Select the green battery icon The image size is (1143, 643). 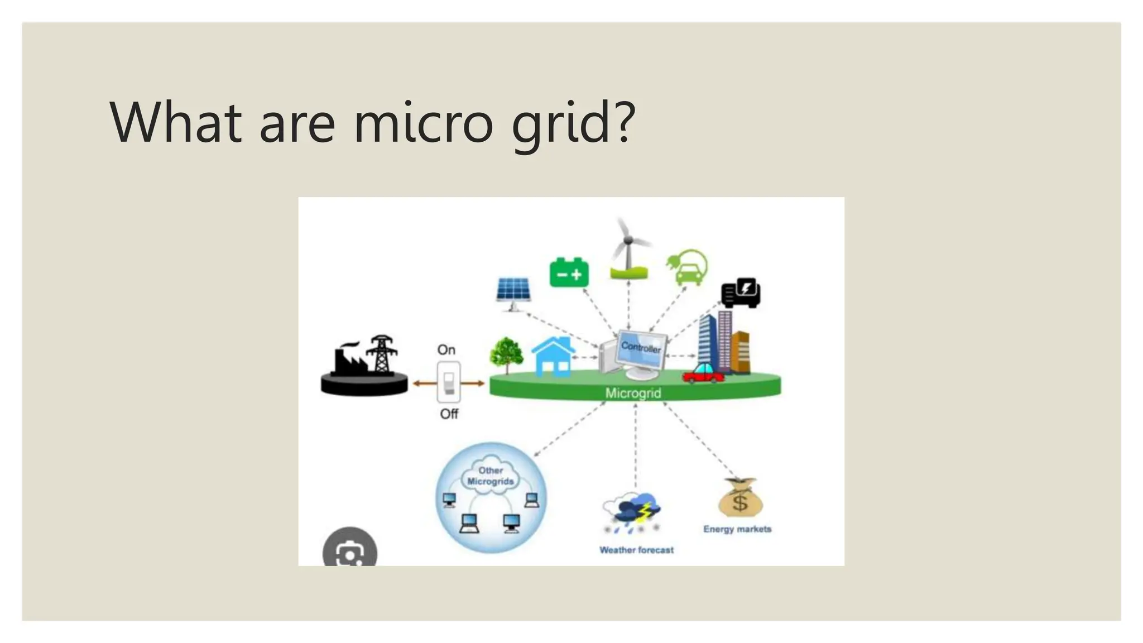pyautogui.click(x=569, y=272)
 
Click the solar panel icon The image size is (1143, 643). pyautogui.click(x=513, y=291)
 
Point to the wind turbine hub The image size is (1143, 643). pyautogui.click(x=628, y=241)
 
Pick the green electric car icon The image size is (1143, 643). pyautogui.click(x=688, y=268)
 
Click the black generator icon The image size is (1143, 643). pyautogui.click(x=741, y=292)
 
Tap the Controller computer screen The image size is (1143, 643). pyautogui.click(x=641, y=350)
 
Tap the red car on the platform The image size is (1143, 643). pyautogui.click(x=704, y=373)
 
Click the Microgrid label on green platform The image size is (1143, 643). pyautogui.click(x=633, y=393)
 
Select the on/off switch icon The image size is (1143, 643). pyautogui.click(x=449, y=382)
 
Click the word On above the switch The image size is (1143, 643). pyautogui.click(x=446, y=350)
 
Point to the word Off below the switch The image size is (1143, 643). pyautogui.click(x=449, y=414)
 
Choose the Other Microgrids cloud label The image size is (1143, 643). pyautogui.click(x=490, y=476)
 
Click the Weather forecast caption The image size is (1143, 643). pyautogui.click(x=636, y=550)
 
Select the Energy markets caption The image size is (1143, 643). pyautogui.click(x=737, y=529)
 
